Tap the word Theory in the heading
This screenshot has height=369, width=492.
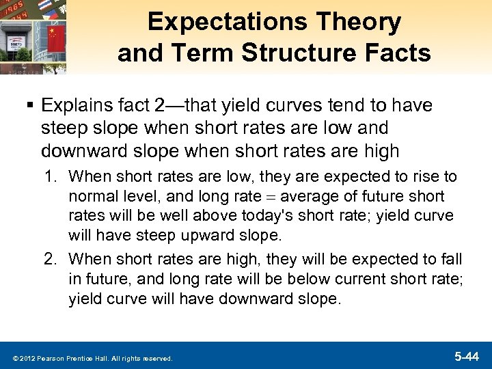tap(362, 22)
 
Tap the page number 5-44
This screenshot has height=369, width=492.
tap(467, 356)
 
